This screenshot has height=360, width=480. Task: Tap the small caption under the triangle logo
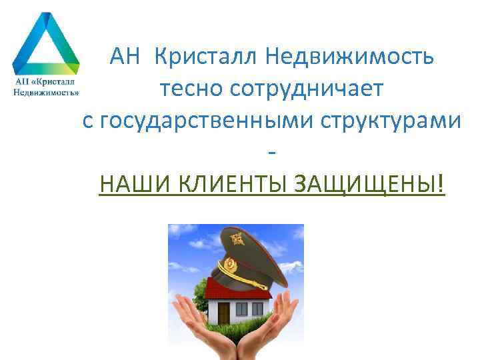(45, 87)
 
